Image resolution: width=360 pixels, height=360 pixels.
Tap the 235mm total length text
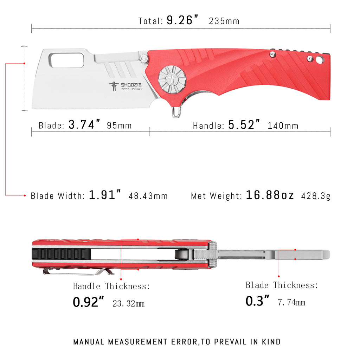click(x=224, y=21)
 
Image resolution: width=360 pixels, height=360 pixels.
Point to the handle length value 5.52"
click(x=245, y=124)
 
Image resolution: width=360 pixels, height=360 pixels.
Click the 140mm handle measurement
click(x=283, y=126)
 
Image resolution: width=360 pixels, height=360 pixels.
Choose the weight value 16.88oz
click(x=270, y=195)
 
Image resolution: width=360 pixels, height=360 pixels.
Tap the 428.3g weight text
click(x=315, y=196)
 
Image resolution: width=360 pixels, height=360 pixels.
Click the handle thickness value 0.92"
click(x=89, y=302)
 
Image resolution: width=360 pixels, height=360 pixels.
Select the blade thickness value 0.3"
click(x=257, y=301)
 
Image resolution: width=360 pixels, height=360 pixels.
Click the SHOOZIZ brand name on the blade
click(x=130, y=85)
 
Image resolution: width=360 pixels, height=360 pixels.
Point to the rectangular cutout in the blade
click(x=66, y=60)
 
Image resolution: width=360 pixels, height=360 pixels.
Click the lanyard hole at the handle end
click(x=319, y=60)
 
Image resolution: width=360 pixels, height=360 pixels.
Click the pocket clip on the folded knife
click(x=77, y=271)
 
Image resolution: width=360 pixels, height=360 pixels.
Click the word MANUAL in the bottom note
click(x=89, y=342)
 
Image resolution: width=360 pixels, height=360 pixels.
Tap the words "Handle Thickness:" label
click(x=111, y=286)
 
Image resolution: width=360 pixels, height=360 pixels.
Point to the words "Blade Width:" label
click(x=57, y=196)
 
